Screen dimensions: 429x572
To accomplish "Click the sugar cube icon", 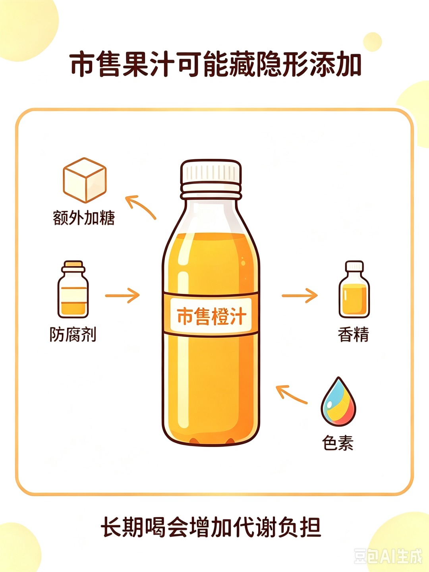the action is point(85,180).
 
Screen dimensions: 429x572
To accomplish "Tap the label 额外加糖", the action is point(84,218).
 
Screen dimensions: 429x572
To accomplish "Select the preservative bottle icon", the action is point(73,289).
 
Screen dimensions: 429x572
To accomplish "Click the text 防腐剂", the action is point(73,334).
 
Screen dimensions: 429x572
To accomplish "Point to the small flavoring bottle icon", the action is point(354,289).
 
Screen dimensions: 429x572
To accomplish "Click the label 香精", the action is point(354,334).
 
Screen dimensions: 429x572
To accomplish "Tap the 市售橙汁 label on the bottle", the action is point(211,316).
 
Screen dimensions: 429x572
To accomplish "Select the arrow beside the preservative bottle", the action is point(122,296).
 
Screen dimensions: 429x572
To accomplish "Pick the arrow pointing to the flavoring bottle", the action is point(300,296).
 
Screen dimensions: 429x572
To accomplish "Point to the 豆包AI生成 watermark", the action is point(388,554).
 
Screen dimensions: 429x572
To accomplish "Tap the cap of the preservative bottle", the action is point(73,266).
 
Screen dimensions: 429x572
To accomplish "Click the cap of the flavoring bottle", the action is point(354,266).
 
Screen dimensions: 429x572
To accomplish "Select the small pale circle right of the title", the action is point(373,42).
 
